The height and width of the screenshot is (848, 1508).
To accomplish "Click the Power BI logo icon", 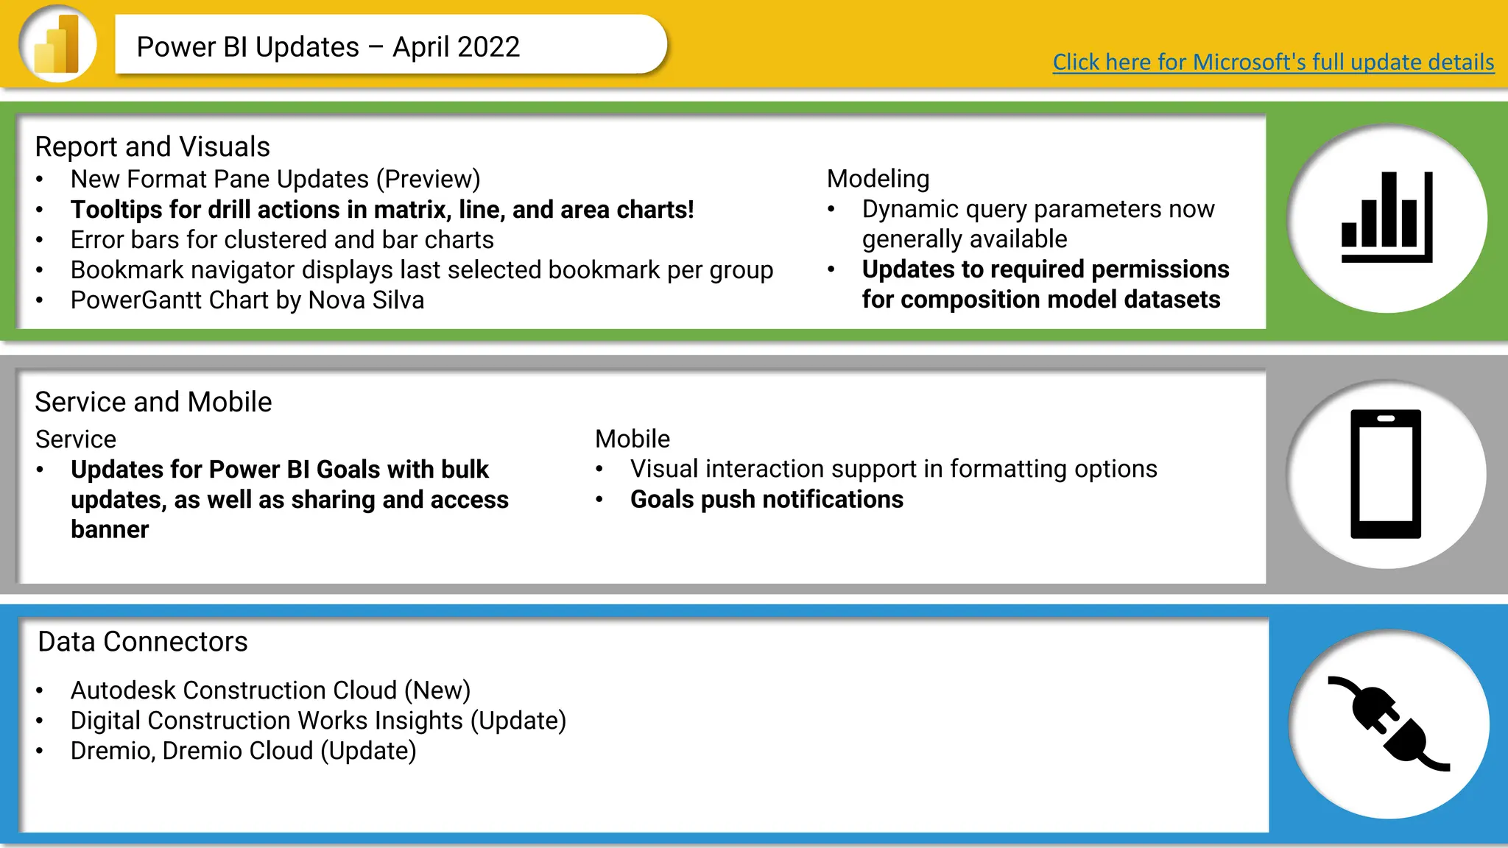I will pos(57,44).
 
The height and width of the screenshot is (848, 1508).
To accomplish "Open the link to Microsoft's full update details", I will pos(1273,62).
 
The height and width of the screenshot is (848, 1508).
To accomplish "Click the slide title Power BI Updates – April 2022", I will pos(328,47).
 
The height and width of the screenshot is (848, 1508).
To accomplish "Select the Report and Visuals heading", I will pos(152,146).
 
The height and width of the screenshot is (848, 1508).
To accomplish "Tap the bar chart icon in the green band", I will pos(1387,218).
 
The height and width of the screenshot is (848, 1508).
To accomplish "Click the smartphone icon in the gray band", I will pos(1385,474).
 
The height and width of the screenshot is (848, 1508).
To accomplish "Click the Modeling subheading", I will pos(878,179).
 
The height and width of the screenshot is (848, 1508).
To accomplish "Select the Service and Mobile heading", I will pos(153,402).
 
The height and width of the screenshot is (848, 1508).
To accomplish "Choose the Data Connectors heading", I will pos(143,642).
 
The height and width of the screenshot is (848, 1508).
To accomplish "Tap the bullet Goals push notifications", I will pos(767,499).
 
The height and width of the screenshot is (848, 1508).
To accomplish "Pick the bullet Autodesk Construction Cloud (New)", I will pos(270,690).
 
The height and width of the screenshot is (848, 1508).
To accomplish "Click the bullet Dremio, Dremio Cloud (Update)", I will pos(243,751).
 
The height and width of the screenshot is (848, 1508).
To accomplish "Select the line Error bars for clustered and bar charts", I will pos(282,240).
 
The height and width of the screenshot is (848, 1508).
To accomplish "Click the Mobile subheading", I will pos(633,439).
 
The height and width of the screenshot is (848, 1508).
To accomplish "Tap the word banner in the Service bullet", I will pos(110,530).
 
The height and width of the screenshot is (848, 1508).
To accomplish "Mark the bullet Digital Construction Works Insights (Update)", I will pos(318,721).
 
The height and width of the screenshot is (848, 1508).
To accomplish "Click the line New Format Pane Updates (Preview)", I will pos(275,179).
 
